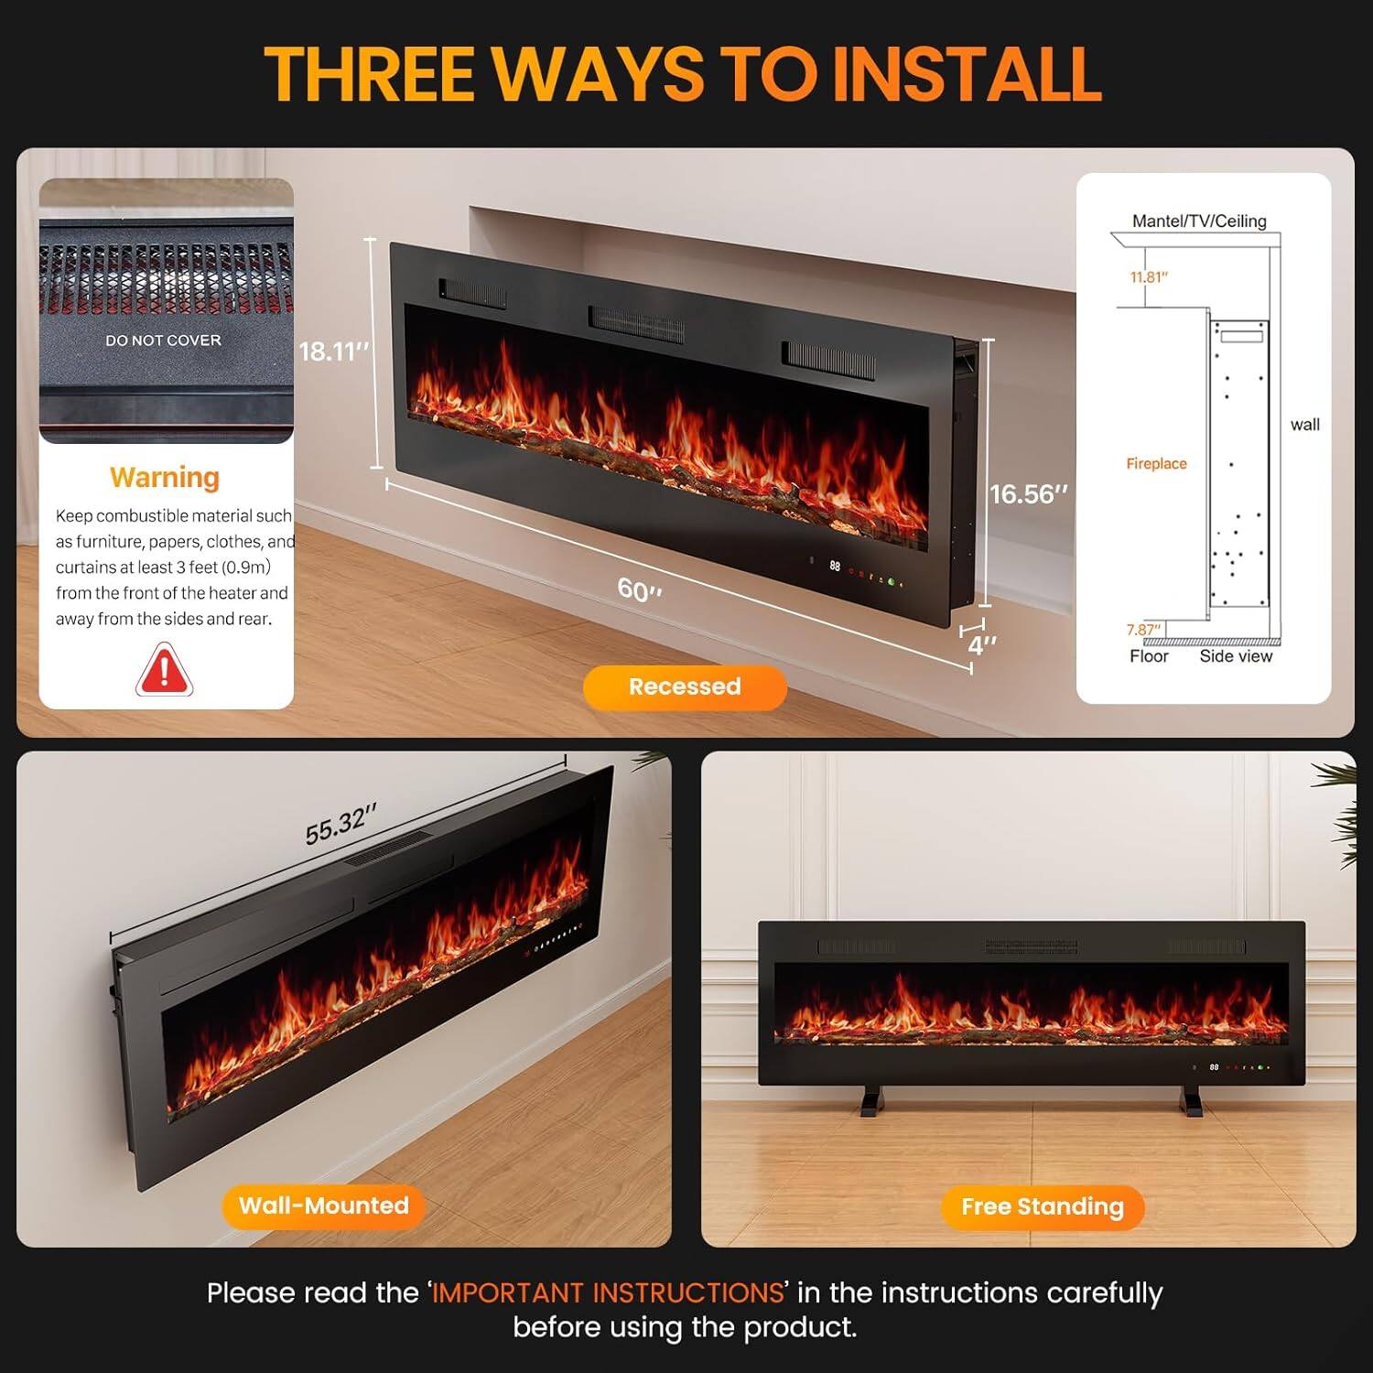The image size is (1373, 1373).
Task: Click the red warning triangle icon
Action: coord(164,670)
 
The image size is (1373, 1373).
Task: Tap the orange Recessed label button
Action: coord(685,687)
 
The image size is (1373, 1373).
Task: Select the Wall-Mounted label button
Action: coord(324,1205)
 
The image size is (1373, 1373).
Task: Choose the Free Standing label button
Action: coord(1043,1207)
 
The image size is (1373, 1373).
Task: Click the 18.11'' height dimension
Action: coord(334,351)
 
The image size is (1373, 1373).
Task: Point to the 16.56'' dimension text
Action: coord(1029,494)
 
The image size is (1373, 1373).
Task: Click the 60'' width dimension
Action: coord(639,589)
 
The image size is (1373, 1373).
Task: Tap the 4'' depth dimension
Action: coord(982,645)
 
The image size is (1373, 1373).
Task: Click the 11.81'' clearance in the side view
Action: coord(1149,277)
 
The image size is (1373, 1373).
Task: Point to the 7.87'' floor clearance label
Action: coord(1143,630)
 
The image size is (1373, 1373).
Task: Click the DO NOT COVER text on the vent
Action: coord(163,341)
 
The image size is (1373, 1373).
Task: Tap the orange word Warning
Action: coord(165,478)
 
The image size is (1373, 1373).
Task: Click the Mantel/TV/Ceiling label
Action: coord(1199,221)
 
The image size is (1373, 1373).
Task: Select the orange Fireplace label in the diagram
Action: coord(1156,464)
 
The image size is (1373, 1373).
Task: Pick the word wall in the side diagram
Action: coord(1304,425)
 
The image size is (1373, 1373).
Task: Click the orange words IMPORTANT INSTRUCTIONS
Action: coord(608,1292)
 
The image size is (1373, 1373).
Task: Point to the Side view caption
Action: coord(1236,656)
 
